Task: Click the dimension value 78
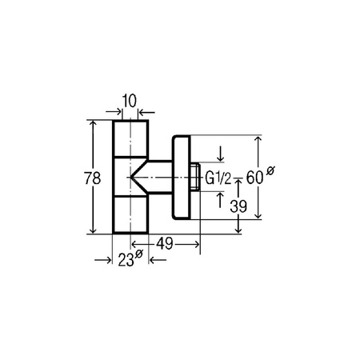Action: pyautogui.click(x=74, y=178)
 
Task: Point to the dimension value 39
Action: pyautogui.click(x=226, y=206)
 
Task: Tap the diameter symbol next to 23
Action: pyautogui.click(x=139, y=254)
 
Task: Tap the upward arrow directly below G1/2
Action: pyautogui.click(x=222, y=198)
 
